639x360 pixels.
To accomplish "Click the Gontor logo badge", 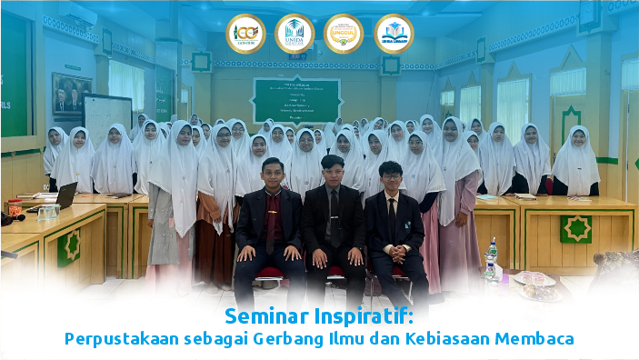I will (x=245, y=34).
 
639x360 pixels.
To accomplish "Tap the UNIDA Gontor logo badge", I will (x=295, y=34).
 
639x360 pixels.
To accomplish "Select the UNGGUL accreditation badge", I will (x=344, y=34).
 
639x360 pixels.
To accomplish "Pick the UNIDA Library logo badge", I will (x=394, y=34).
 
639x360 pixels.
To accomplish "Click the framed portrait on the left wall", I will (x=71, y=93).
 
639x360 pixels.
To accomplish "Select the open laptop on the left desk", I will (x=65, y=195).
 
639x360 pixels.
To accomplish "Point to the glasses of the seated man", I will (x=390, y=174).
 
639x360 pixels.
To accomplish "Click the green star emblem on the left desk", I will (x=69, y=247).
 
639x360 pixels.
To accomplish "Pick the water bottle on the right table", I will (x=491, y=260).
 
